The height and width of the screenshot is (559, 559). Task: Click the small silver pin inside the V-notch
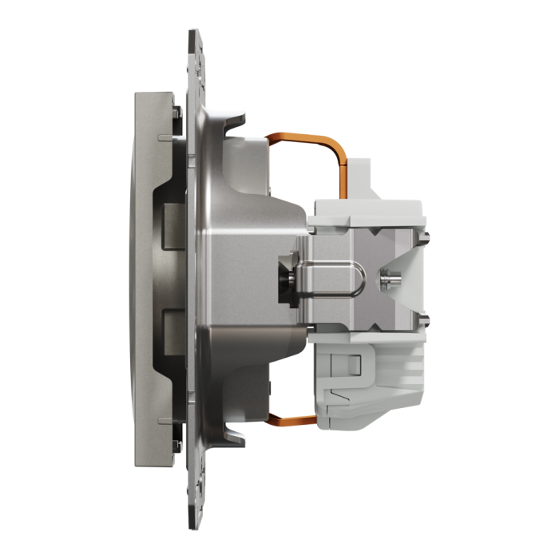tap(391, 280)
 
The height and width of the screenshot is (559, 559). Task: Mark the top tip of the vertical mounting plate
tap(193, 34)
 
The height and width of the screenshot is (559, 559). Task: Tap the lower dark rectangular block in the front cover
tap(172, 332)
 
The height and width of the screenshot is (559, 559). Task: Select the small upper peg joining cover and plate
tap(165, 138)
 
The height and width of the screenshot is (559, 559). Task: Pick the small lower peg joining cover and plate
tap(165, 418)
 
